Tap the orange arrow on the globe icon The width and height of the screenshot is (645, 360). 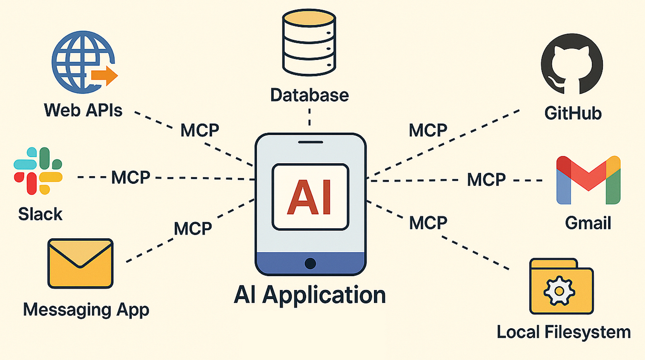pyautogui.click(x=105, y=76)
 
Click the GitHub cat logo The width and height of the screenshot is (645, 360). pyautogui.click(x=572, y=66)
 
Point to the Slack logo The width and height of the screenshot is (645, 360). pyautogui.click(x=38, y=171)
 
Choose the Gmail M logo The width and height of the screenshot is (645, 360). pyautogui.click(x=588, y=180)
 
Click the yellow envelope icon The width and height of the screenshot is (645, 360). pyautogui.click(x=80, y=263)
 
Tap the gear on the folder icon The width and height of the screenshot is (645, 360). pyautogui.click(x=558, y=290)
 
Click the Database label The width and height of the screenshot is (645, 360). pyautogui.click(x=309, y=95)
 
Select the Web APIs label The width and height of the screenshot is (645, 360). pyautogui.click(x=83, y=110)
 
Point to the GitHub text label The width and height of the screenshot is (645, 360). pyautogui.click(x=573, y=113)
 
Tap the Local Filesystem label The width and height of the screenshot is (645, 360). pyautogui.click(x=563, y=331)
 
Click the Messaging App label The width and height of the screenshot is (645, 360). pyautogui.click(x=86, y=309)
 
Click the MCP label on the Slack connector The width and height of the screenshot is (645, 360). pyautogui.click(x=131, y=177)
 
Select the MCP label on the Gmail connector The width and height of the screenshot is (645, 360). pyautogui.click(x=486, y=179)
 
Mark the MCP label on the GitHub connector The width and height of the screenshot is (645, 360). pyautogui.click(x=428, y=130)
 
